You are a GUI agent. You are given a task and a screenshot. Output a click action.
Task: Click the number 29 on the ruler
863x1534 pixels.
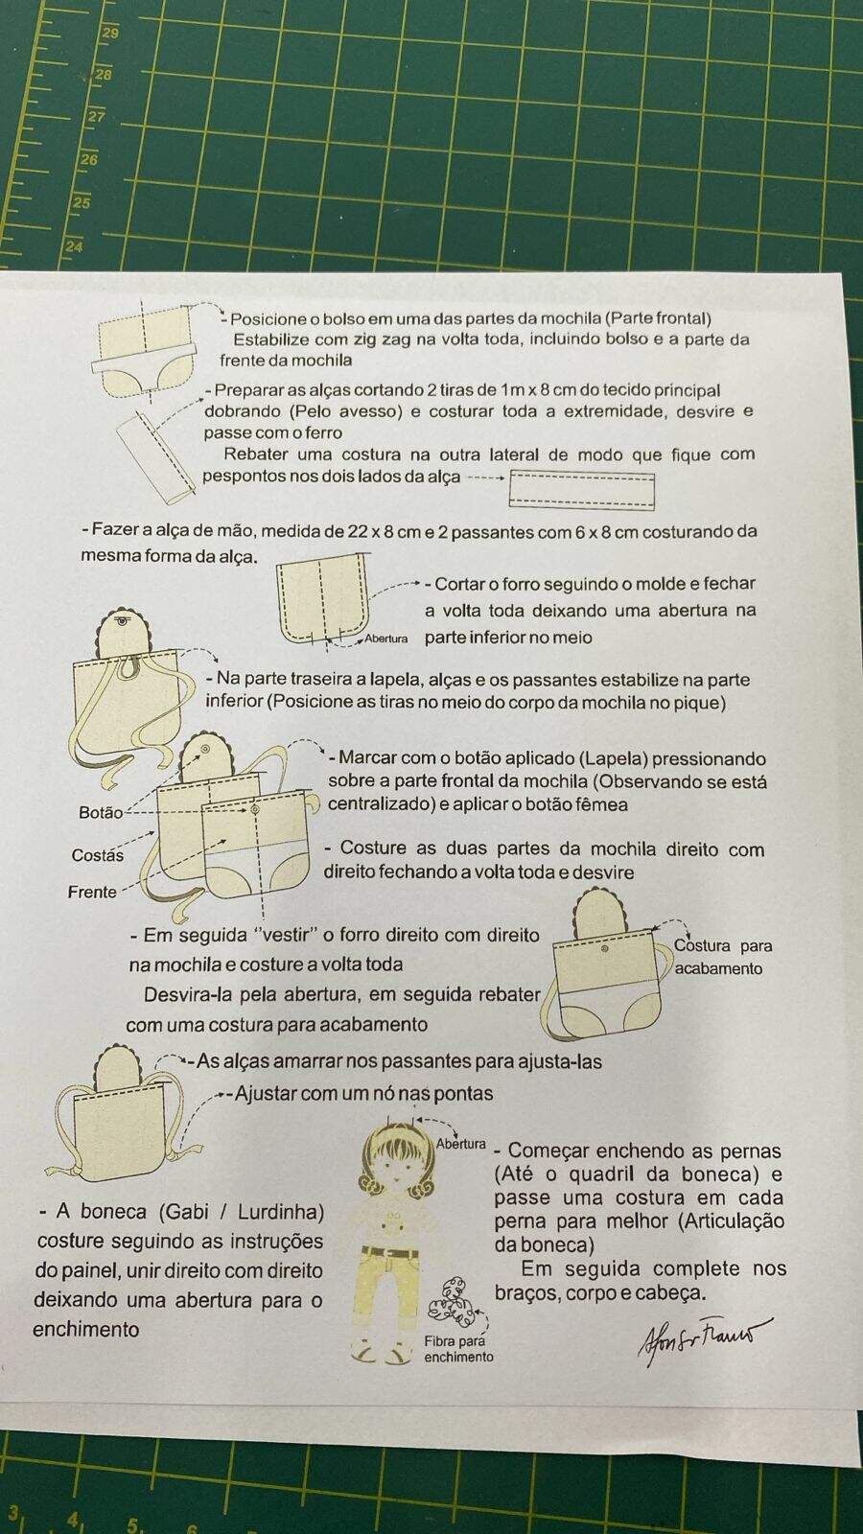pyautogui.click(x=110, y=33)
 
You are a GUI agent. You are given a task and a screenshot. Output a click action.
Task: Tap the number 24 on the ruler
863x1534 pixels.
pyautogui.click(x=74, y=246)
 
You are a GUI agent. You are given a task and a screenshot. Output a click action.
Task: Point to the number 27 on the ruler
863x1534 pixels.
pyautogui.click(x=97, y=117)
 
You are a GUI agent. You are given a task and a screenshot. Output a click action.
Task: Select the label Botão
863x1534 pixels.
pyautogui.click(x=101, y=813)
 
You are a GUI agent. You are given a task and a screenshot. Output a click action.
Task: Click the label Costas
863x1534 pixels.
pyautogui.click(x=98, y=855)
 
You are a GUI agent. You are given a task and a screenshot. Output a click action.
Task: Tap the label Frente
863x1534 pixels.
pyautogui.click(x=92, y=893)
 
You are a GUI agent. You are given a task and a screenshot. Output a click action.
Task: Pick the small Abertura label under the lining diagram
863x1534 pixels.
pyautogui.click(x=386, y=639)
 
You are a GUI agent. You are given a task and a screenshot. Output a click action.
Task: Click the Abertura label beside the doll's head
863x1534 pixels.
pyautogui.click(x=461, y=1144)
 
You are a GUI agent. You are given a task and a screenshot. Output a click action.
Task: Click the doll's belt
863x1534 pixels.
pyautogui.click(x=389, y=1252)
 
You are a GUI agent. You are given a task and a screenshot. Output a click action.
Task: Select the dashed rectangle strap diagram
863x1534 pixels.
pyautogui.click(x=581, y=490)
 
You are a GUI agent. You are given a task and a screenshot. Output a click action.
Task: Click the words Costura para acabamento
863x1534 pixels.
pyautogui.click(x=723, y=957)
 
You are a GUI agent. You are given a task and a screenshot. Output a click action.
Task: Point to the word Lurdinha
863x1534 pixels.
pyautogui.click(x=281, y=1212)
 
